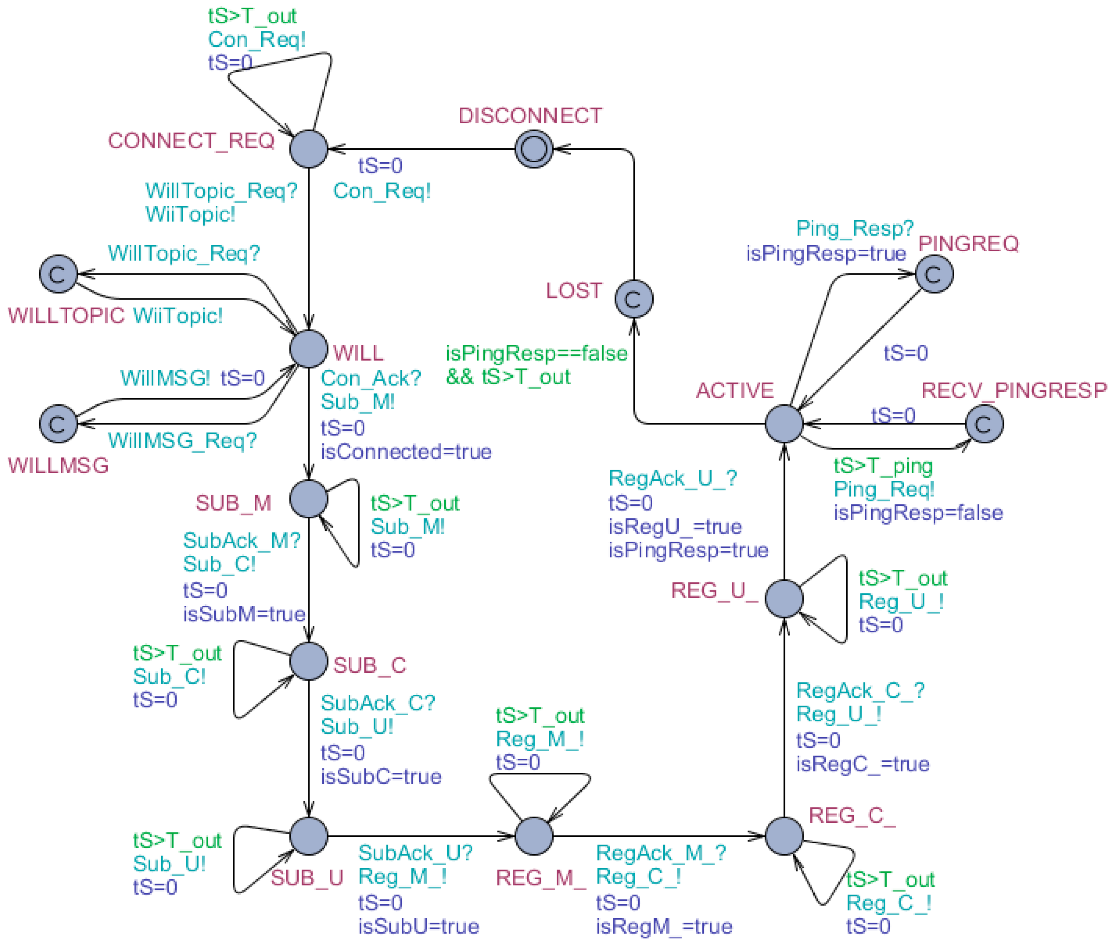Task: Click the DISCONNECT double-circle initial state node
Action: (x=533, y=149)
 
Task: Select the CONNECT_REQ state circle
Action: (x=309, y=149)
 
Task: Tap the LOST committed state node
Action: (x=634, y=298)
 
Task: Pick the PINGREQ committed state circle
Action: (x=934, y=274)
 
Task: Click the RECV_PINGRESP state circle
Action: (x=984, y=424)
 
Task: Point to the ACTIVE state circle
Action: (x=783, y=424)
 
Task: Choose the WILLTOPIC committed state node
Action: (x=58, y=274)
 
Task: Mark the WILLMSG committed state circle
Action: (x=58, y=424)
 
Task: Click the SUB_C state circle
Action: (x=309, y=661)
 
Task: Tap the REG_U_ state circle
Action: (x=783, y=598)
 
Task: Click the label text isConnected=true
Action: (x=405, y=452)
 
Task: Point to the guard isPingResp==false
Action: (x=537, y=354)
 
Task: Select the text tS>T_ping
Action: (x=883, y=466)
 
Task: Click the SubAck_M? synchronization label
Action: (x=241, y=541)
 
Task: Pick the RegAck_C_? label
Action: (x=860, y=691)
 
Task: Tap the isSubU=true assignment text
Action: (x=418, y=926)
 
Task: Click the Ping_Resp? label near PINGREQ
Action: (x=854, y=228)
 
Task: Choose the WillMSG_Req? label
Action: (x=182, y=441)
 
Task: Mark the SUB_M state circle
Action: (x=309, y=499)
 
